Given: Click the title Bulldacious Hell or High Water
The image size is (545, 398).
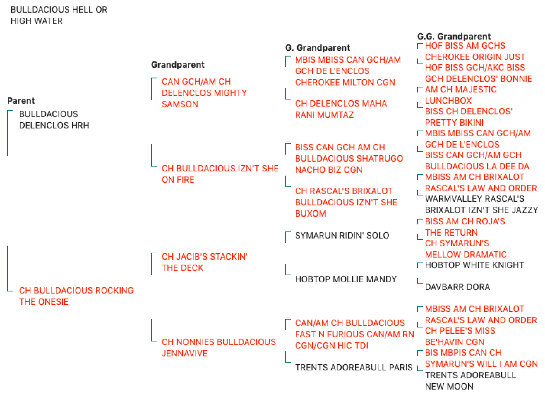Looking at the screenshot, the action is pyautogui.click(x=59, y=15).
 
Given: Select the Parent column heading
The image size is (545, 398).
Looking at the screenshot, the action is pyautogui.click(x=21, y=101).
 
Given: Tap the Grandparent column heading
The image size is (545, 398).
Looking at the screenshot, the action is pyautogui.click(x=178, y=65).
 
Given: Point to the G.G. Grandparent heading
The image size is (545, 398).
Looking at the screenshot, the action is pyautogui.click(x=454, y=36).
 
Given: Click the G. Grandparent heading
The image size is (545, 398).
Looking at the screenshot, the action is pyautogui.click(x=318, y=48).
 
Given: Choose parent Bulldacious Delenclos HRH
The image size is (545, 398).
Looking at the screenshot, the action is pyautogui.click(x=54, y=120).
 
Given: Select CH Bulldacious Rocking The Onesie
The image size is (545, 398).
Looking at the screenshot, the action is pyautogui.click(x=76, y=296).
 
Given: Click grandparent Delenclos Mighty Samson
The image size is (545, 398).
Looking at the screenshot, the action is pyautogui.click(x=204, y=93).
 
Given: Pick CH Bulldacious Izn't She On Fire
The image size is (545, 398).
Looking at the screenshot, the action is pyautogui.click(x=220, y=174).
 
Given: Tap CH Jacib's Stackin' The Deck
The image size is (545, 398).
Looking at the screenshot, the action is pyautogui.click(x=204, y=262).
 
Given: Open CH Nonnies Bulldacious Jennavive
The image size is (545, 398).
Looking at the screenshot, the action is pyautogui.click(x=218, y=348).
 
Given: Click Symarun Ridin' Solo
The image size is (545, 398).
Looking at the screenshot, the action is pyautogui.click(x=342, y=235).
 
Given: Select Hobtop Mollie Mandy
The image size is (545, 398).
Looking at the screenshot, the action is pyautogui.click(x=346, y=279).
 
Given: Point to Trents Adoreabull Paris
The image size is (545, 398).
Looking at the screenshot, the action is pyautogui.click(x=354, y=367).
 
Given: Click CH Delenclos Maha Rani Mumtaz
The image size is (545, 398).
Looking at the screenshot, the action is pyautogui.click(x=341, y=109).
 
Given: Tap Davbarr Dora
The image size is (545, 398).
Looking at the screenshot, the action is pyautogui.click(x=457, y=287).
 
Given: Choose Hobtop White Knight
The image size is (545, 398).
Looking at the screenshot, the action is pyautogui.click(x=474, y=265).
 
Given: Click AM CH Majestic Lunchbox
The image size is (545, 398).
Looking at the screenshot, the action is pyautogui.click(x=461, y=95).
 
